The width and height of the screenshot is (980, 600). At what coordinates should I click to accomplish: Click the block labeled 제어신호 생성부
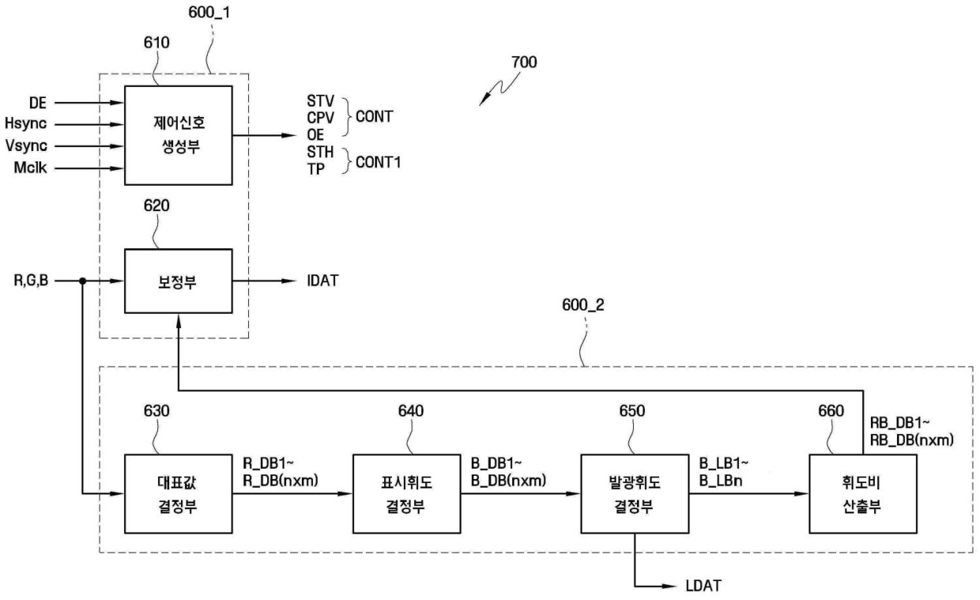(x=179, y=135)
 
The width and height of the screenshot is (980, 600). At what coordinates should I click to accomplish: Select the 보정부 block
(x=179, y=281)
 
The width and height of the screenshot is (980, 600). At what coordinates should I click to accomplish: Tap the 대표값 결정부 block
(x=179, y=493)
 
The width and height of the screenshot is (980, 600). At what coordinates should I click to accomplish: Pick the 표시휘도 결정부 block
(x=406, y=493)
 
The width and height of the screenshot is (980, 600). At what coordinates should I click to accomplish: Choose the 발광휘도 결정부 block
(x=635, y=493)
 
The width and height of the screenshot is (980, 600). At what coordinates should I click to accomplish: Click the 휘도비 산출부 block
(x=863, y=493)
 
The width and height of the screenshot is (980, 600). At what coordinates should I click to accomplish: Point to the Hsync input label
(x=25, y=124)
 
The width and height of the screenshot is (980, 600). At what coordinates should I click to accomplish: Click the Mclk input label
(x=30, y=168)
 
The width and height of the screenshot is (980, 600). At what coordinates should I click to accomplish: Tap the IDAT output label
(x=323, y=281)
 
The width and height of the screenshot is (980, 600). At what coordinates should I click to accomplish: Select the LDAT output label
(x=703, y=586)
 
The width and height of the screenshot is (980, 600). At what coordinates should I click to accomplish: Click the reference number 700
(x=524, y=62)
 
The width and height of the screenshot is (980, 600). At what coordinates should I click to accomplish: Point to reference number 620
(x=156, y=206)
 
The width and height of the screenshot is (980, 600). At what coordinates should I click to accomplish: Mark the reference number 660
(x=831, y=411)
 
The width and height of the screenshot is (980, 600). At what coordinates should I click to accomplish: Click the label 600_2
(x=582, y=305)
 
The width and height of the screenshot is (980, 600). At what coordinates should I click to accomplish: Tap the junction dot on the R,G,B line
(x=83, y=281)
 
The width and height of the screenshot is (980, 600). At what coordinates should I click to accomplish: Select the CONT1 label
(x=378, y=162)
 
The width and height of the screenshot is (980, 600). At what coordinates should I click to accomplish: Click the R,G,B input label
(x=31, y=281)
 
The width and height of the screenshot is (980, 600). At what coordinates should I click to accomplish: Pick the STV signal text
(x=320, y=101)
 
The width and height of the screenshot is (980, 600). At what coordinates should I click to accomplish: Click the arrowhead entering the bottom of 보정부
(x=179, y=321)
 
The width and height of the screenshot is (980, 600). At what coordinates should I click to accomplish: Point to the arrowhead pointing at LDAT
(x=669, y=586)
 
